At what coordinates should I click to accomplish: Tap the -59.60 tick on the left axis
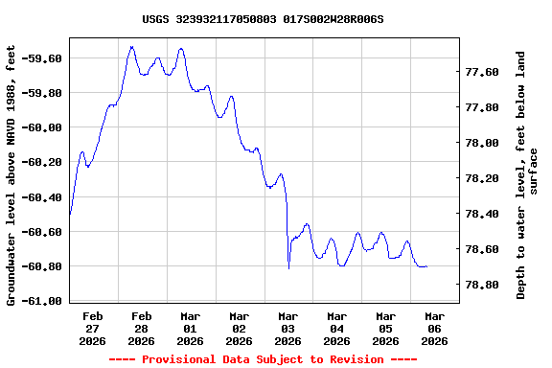coord(41,58)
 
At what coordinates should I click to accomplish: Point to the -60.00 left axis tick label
coord(41,127)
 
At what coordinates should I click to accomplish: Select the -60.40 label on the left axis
coord(41,197)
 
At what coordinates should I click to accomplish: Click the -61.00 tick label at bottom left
coord(41,301)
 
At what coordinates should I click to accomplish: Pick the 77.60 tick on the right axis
coord(481,72)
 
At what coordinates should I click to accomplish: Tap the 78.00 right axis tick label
coord(481,143)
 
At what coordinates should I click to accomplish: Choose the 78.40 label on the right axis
coord(481,214)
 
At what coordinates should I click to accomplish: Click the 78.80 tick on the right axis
coord(481,285)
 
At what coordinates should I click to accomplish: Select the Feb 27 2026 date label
coord(93,328)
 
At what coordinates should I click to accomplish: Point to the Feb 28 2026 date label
coord(142,328)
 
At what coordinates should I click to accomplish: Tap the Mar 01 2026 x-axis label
coord(191,328)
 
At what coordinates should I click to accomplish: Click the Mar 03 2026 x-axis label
coord(288,328)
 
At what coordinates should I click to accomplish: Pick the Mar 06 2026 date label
coord(435,328)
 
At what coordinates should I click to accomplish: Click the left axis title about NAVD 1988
coord(11,174)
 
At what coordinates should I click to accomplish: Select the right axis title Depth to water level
coord(528,174)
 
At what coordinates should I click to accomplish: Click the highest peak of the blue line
coord(131,46)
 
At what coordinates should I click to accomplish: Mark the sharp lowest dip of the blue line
coord(288,267)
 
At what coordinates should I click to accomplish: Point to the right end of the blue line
coord(426,266)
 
